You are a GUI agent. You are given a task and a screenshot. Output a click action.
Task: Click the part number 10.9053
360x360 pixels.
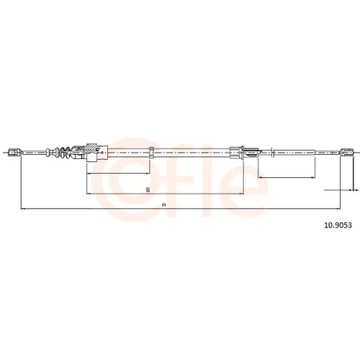pyautogui.click(x=338, y=225)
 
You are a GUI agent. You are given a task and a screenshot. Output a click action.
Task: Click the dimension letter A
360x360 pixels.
pyautogui.click(x=164, y=204)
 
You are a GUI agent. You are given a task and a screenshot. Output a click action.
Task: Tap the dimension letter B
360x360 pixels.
pyautogui.click(x=148, y=190)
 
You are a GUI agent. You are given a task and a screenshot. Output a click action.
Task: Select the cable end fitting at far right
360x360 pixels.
pyautogui.click(x=346, y=152)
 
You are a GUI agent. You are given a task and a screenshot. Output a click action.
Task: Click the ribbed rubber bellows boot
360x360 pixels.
pyautogui.click(x=63, y=153)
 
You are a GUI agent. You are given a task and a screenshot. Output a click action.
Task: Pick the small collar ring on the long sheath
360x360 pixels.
pyautogui.click(x=151, y=153)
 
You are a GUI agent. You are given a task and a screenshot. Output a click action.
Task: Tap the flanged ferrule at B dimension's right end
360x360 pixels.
pyautogui.click(x=237, y=153)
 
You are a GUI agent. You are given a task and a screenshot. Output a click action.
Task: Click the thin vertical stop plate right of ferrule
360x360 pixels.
pyautogui.click(x=271, y=153)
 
